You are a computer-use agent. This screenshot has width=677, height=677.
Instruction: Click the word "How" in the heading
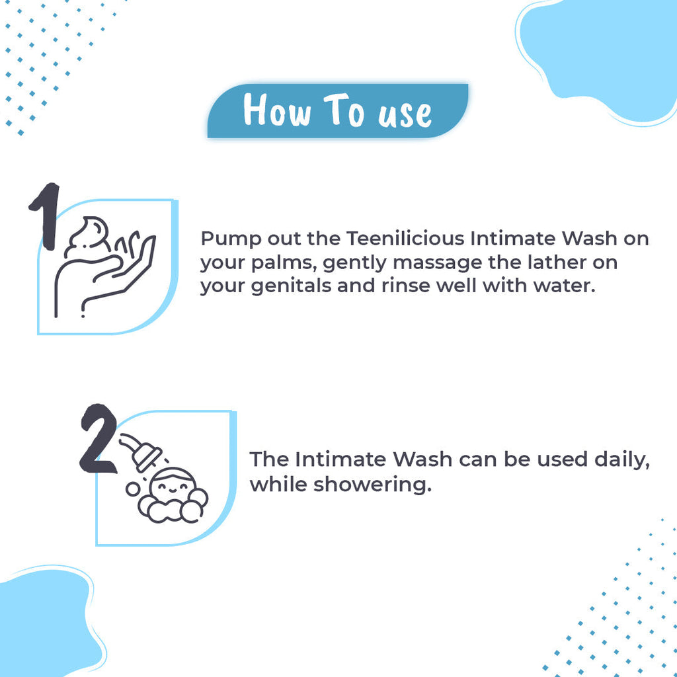click(276, 110)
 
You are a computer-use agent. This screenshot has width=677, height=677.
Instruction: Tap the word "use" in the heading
click(405, 113)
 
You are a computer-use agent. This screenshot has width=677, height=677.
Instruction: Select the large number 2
click(98, 439)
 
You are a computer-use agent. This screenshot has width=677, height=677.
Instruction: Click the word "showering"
click(372, 485)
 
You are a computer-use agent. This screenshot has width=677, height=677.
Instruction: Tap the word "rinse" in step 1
click(413, 286)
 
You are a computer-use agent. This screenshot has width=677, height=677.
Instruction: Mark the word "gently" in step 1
click(354, 263)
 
